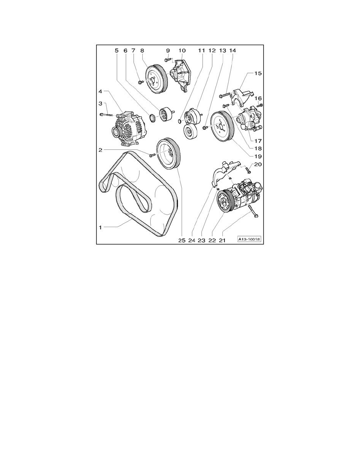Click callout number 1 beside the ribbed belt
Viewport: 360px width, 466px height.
(x=101, y=227)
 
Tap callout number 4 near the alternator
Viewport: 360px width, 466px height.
(x=100, y=91)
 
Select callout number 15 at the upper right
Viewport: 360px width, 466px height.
(x=257, y=73)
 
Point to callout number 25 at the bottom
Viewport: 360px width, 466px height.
(x=182, y=240)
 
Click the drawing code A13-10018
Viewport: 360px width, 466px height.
(x=249, y=239)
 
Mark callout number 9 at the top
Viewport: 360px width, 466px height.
(x=168, y=50)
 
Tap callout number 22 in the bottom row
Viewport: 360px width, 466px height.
(x=212, y=240)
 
